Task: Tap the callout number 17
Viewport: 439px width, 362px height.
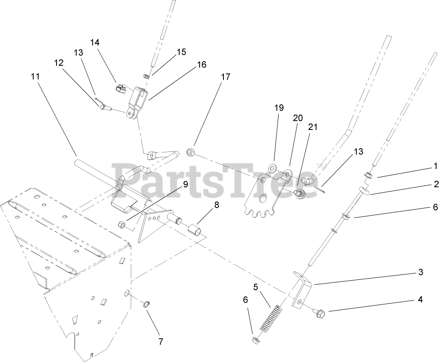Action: (226, 77)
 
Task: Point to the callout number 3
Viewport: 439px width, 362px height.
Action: (420, 272)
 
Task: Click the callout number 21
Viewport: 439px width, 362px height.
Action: (312, 127)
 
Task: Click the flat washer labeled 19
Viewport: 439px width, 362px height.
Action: (272, 168)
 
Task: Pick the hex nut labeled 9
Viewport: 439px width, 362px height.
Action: (123, 225)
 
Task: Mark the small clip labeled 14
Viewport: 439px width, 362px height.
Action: (120, 89)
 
